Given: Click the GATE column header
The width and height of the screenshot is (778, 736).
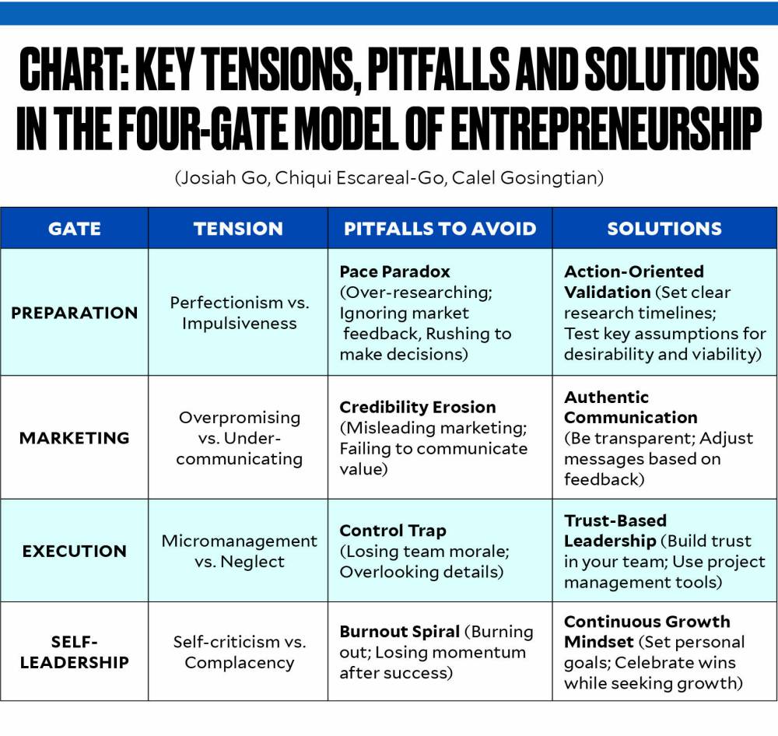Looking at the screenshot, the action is pyautogui.click(x=75, y=229).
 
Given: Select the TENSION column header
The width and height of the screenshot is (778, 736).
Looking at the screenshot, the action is pyautogui.click(x=238, y=229).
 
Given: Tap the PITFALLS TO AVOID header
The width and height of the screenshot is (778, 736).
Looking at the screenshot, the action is pyautogui.click(x=440, y=229).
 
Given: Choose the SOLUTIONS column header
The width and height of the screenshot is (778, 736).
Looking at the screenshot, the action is pyautogui.click(x=664, y=229).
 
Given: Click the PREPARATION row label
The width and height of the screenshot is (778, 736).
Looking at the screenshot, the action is pyautogui.click(x=75, y=313).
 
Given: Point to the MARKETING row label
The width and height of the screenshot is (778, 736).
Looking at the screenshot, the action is pyautogui.click(x=75, y=438).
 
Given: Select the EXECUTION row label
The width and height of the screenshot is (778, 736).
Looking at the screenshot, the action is pyautogui.click(x=75, y=551).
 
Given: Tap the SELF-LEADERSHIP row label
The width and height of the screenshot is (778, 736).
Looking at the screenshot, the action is pyautogui.click(x=75, y=652).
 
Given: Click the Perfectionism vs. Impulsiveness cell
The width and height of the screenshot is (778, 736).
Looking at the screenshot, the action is pyautogui.click(x=239, y=313).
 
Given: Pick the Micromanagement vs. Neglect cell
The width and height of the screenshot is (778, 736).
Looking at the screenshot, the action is pyautogui.click(x=239, y=551).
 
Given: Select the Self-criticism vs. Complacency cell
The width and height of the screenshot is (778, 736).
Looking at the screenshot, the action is pyautogui.click(x=239, y=652).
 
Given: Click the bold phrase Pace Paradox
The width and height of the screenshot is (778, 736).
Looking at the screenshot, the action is pyautogui.click(x=394, y=272).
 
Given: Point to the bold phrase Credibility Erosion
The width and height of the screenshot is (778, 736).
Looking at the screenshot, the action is pyautogui.click(x=417, y=407).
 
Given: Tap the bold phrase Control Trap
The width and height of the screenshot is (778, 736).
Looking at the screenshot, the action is pyautogui.click(x=392, y=531).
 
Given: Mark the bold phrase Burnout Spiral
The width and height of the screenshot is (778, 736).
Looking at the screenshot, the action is pyautogui.click(x=399, y=631).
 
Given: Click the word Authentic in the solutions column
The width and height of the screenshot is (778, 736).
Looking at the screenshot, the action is pyautogui.click(x=606, y=397).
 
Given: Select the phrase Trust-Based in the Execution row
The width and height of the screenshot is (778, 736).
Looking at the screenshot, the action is pyautogui.click(x=615, y=520).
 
